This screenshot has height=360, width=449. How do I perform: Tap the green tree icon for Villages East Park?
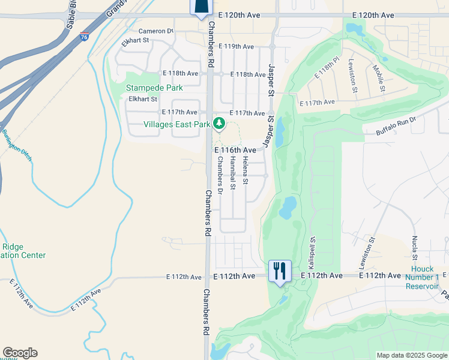(x=219, y=124)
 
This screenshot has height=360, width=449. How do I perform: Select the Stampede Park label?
(x=154, y=88)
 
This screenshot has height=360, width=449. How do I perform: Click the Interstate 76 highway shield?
(x=84, y=37)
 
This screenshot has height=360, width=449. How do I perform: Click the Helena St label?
(x=246, y=170)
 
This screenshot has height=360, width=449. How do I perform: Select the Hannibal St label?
(x=232, y=173)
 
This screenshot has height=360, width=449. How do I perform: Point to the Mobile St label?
(x=379, y=79)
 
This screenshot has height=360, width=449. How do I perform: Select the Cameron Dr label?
(x=155, y=31)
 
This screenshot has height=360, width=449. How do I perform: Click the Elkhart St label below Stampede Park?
(x=141, y=99)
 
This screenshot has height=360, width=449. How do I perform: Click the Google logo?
(x=20, y=353)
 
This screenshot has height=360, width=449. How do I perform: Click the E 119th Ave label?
(x=236, y=46)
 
